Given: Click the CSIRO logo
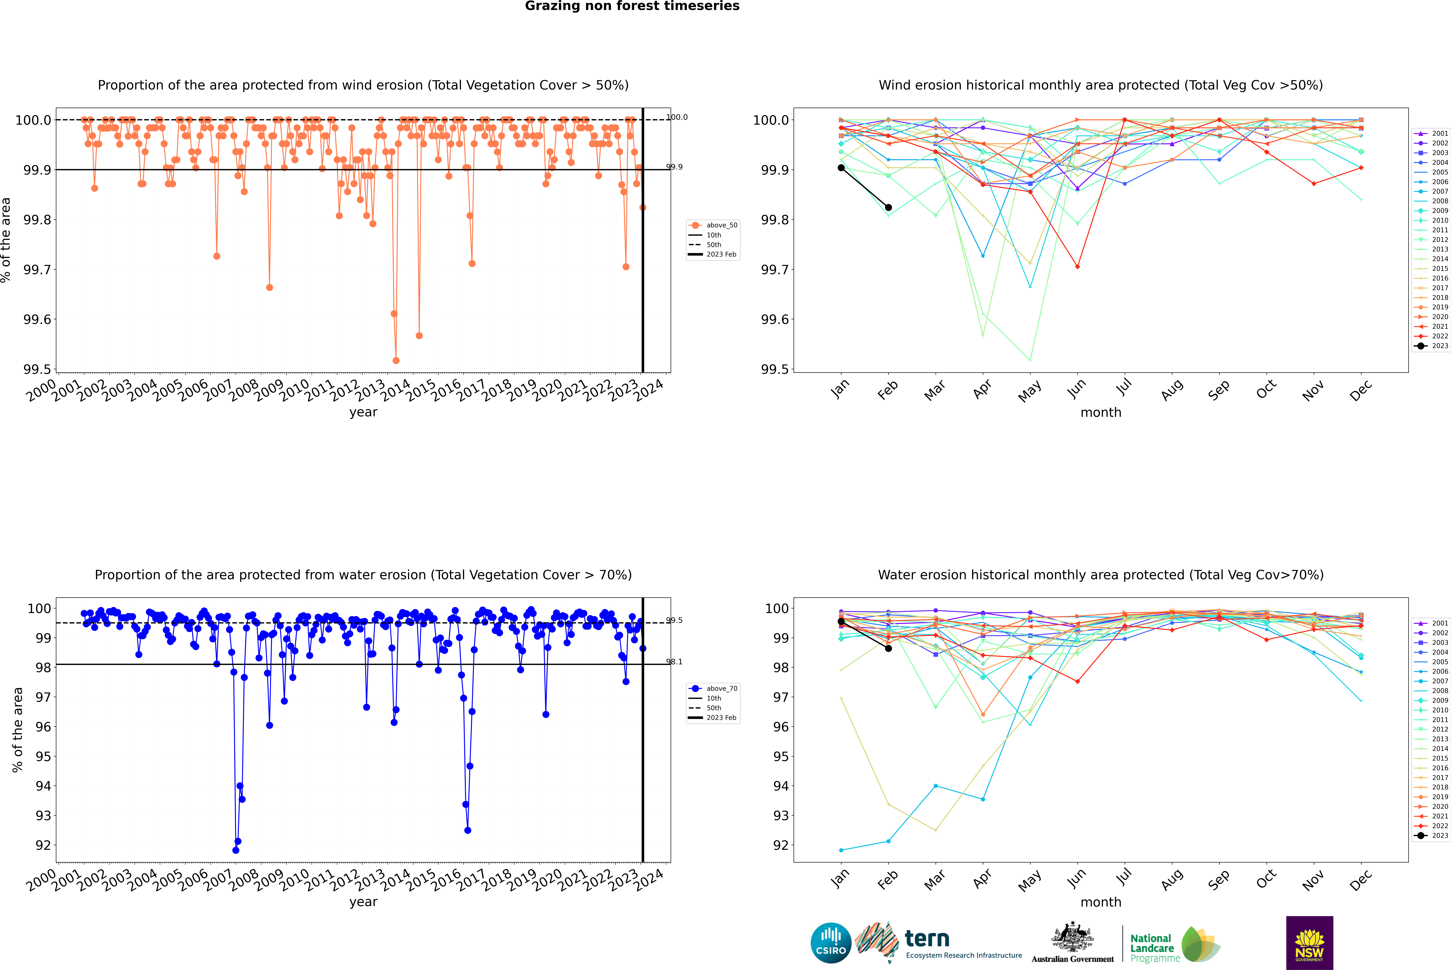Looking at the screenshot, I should point(831,943).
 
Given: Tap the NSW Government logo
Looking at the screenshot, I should point(1309,943).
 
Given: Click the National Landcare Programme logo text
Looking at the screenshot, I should point(1152,948).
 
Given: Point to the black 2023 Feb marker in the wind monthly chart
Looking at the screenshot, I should point(888,207).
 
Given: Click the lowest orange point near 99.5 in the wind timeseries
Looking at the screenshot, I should point(396,360).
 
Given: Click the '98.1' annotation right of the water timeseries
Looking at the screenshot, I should point(674,662).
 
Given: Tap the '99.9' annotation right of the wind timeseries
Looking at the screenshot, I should point(674,167).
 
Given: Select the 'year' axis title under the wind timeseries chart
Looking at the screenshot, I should point(363,412).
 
